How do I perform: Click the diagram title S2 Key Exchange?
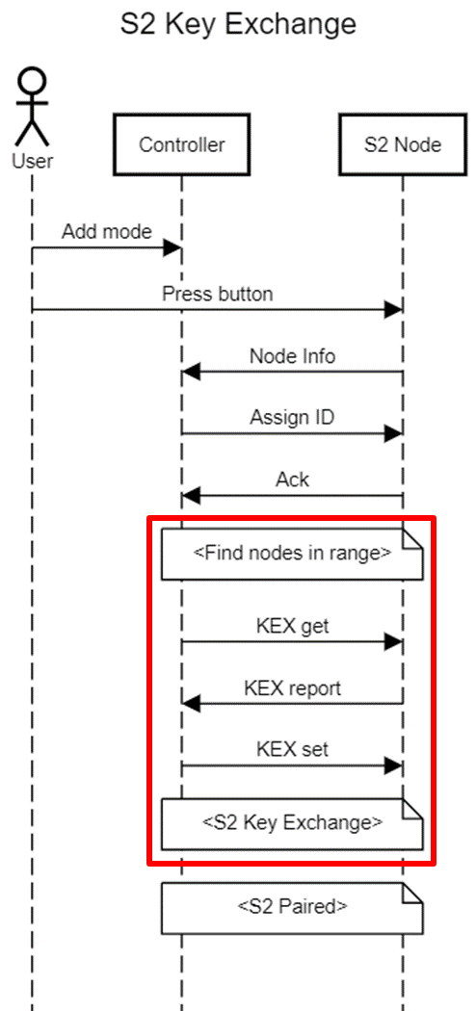[x=238, y=25]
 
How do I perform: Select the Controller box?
[x=181, y=144]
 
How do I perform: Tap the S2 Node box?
[x=403, y=144]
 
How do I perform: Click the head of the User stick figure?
[x=32, y=83]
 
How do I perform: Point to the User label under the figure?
[x=32, y=161]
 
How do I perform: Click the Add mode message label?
[x=106, y=231]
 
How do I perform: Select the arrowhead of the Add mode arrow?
[x=172, y=247]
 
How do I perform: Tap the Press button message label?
[x=218, y=294]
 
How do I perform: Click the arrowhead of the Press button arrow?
[x=393, y=309]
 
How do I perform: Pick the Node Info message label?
[x=292, y=356]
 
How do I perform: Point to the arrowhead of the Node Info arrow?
[x=191, y=372]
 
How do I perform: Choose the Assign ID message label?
[x=292, y=417]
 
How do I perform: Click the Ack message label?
[x=292, y=480]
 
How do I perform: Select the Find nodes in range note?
[x=292, y=554]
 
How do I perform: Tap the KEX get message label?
[x=292, y=626]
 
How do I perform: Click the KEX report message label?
[x=292, y=688]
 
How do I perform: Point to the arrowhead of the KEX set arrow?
[x=393, y=766]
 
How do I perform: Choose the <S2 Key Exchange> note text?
[x=292, y=822]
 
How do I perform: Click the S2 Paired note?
[x=292, y=909]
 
